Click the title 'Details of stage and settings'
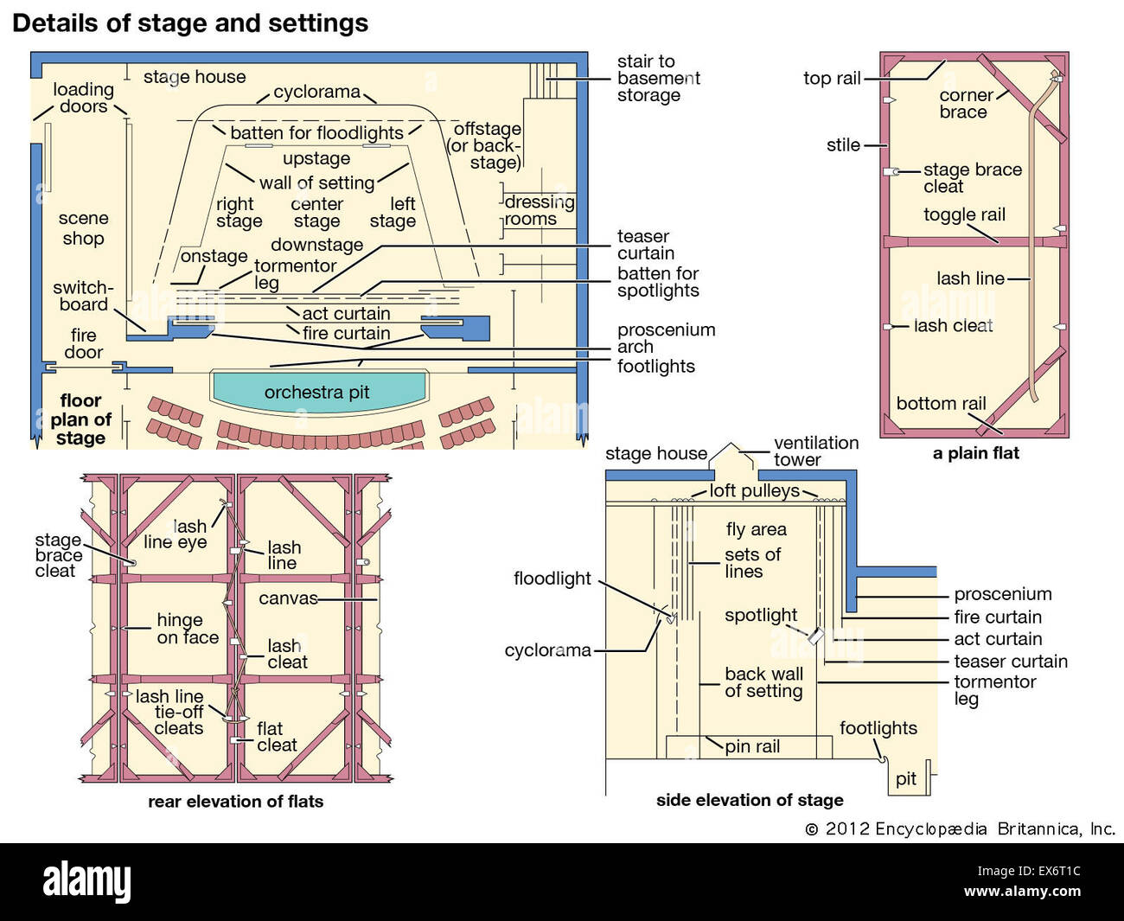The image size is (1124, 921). coord(190,23)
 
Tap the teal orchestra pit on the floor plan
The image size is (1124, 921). coord(318,392)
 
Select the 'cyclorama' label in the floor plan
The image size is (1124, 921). coord(316,92)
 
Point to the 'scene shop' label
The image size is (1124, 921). coord(83,228)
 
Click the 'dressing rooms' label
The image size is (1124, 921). coord(539,210)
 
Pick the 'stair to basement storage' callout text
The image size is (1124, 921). coord(658,79)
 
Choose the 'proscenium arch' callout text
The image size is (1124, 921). coord(666,338)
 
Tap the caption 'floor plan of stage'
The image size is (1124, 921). coord(80,419)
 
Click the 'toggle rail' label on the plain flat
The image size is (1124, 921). coord(964,214)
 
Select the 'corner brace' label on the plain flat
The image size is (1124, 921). coord(965,104)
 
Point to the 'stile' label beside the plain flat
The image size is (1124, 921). coord(843,145)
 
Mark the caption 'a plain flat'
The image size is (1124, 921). coord(975,453)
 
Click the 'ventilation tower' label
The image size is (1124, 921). coord(815,451)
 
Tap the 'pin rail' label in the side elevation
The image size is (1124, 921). coord(752,746)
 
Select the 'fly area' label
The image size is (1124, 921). coord(756,529)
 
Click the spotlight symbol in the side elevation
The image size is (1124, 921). coord(815,636)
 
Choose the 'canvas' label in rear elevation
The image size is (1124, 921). coord(288,598)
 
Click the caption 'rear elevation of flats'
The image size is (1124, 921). coord(235,802)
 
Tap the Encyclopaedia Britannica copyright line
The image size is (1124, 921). coord(960,828)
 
